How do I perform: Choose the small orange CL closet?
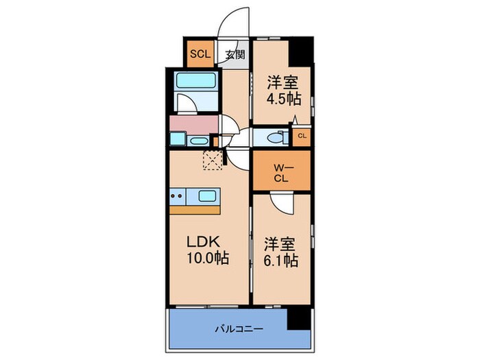click(301, 136)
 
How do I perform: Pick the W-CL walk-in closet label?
click(280, 171)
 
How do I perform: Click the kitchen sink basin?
click(210, 197)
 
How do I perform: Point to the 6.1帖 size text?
click(280, 261)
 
